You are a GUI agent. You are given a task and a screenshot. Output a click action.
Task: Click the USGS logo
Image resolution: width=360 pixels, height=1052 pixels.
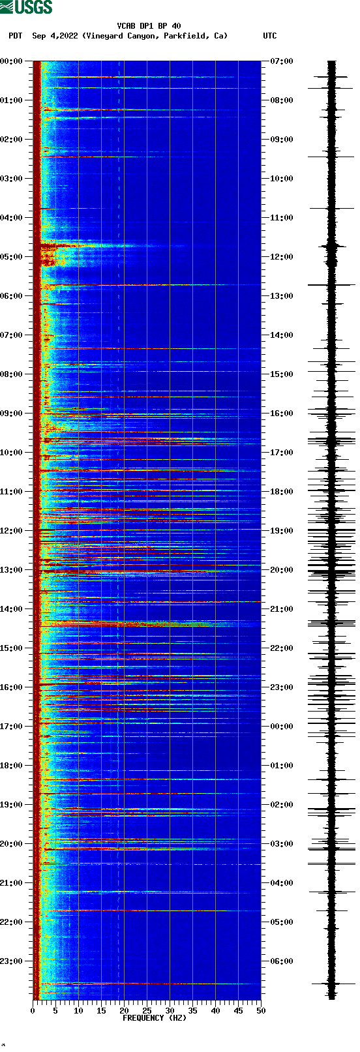point(26,7)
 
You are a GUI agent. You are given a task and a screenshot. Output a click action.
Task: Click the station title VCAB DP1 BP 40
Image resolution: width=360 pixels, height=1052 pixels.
point(149,26)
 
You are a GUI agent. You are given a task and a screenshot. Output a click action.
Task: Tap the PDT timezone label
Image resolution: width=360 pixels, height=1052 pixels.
point(15,36)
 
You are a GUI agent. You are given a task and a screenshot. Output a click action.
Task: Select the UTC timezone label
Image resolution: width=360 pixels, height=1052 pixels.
point(269,36)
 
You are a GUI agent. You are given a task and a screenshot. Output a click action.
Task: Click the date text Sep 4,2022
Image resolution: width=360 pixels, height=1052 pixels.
point(55,36)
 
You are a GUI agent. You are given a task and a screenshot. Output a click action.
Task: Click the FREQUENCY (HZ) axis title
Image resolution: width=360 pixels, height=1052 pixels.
point(154,1018)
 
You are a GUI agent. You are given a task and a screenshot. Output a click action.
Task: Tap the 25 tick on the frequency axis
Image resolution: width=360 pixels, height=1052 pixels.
point(147,1011)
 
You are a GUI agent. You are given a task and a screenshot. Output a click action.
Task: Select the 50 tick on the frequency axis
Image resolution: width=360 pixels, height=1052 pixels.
point(261,1011)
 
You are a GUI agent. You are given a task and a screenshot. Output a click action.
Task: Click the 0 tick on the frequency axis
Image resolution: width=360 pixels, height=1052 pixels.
point(33,1011)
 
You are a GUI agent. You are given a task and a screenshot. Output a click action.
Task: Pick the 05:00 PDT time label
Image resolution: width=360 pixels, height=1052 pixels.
point(11,257)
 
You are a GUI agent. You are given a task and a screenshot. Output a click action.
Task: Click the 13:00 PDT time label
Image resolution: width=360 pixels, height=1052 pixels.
point(11,570)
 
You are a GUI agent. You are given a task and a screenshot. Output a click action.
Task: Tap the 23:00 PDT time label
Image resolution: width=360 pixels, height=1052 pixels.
point(11,961)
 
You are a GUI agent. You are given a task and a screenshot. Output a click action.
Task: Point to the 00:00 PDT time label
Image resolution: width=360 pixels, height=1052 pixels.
point(11,61)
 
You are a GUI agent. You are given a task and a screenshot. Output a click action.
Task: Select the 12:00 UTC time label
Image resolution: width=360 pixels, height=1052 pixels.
point(282,257)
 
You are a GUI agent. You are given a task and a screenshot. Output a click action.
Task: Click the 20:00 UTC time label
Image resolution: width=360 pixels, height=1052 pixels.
point(282,570)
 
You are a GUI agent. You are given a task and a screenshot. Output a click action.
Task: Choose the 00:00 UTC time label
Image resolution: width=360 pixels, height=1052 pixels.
point(282,727)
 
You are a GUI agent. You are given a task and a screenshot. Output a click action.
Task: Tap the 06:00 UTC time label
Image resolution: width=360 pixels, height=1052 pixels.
point(282,961)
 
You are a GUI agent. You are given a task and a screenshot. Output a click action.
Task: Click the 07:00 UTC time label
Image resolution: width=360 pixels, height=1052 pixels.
point(282,61)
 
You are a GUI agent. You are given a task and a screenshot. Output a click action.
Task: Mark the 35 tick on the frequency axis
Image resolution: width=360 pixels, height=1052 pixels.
point(192,1011)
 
